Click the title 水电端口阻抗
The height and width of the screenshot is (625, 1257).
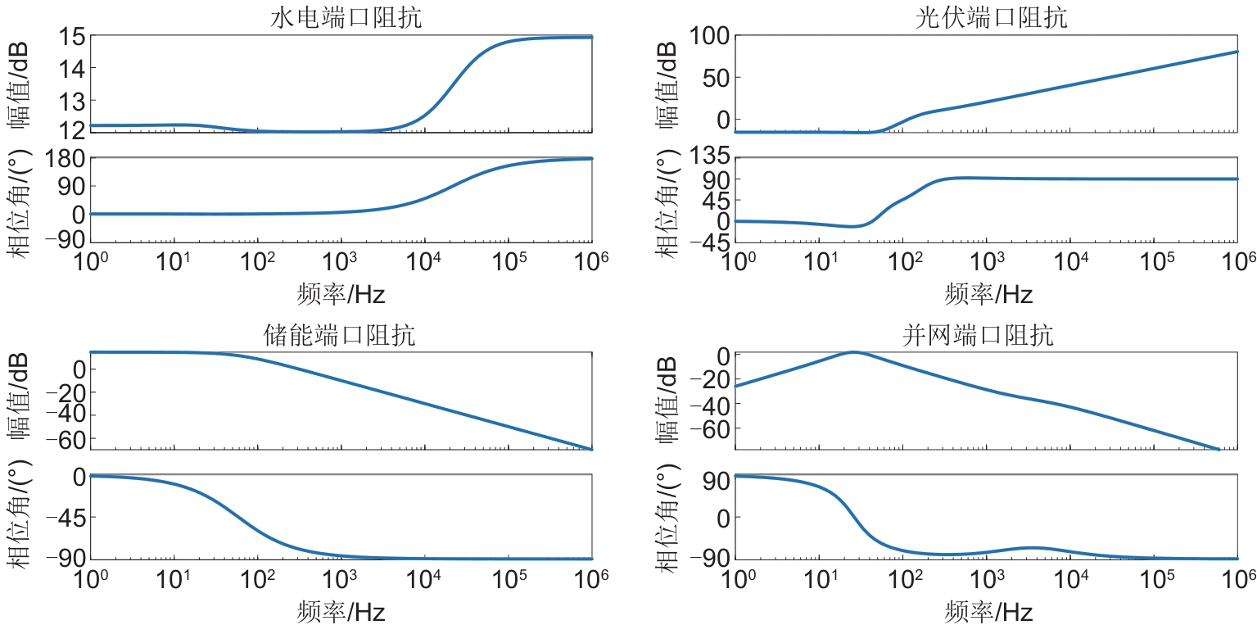tap(346, 18)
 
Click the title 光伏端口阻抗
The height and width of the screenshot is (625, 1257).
tap(991, 18)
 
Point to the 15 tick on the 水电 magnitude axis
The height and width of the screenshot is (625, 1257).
tap(71, 37)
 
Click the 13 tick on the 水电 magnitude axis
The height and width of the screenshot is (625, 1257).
tap(71, 101)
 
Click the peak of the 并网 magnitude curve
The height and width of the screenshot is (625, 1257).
tap(853, 352)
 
